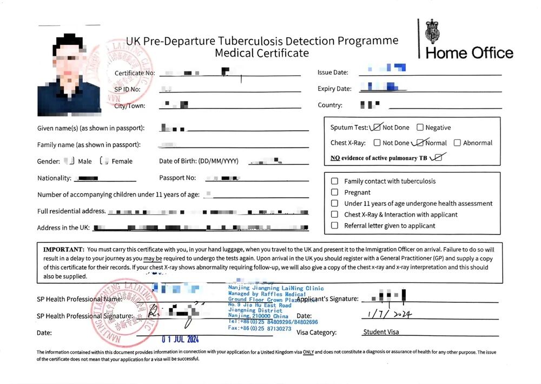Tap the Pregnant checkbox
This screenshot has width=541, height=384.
[x=334, y=192]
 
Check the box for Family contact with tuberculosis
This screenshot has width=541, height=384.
[x=334, y=181]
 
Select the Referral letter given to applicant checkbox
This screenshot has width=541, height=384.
[x=334, y=226]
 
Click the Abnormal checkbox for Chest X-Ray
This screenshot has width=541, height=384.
[x=457, y=143]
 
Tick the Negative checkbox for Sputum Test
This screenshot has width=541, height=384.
[x=420, y=128]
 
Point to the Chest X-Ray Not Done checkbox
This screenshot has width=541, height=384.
[x=377, y=143]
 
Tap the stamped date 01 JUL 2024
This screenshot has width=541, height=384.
[x=180, y=339]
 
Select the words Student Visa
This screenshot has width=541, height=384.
[x=381, y=332]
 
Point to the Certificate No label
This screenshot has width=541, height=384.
[x=135, y=73]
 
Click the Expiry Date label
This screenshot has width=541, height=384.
[x=334, y=89]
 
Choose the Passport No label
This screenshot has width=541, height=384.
[x=177, y=178]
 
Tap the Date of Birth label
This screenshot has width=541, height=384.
[x=199, y=161]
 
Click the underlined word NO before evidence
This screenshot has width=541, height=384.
[x=335, y=158]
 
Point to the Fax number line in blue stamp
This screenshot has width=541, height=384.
[x=260, y=329]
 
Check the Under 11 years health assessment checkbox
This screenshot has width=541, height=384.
[x=334, y=204]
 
